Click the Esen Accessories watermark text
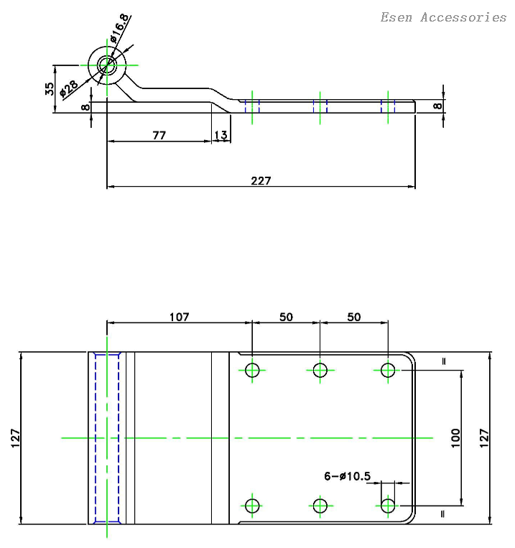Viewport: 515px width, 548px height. point(443,17)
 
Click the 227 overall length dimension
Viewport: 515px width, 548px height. point(261,180)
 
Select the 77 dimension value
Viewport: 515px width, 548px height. point(159,134)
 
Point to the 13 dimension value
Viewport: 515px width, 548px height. point(221,135)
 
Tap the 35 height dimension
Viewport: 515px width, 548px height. point(50,89)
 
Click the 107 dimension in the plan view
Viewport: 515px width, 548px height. point(179,317)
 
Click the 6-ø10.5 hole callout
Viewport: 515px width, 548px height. point(347,475)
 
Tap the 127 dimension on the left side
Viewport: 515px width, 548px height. point(15,438)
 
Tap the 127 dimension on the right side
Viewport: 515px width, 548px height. point(484,438)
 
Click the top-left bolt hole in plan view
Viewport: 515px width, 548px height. point(252,371)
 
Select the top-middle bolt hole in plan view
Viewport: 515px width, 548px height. point(320,371)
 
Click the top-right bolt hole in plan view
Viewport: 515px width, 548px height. point(389,371)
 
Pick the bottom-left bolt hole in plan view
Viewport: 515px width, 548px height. point(252,506)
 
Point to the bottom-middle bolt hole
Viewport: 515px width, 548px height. point(320,506)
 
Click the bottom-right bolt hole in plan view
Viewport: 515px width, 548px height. point(389,506)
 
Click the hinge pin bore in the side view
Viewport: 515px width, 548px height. point(108,65)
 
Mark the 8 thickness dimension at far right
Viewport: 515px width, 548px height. point(437,106)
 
